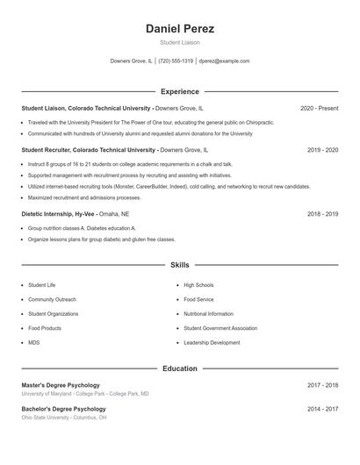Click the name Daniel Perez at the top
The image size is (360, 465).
(180, 28)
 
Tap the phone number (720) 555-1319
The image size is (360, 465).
(176, 61)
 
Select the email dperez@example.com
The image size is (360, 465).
(224, 61)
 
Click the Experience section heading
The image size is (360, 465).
(180, 91)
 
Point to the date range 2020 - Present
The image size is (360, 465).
(319, 108)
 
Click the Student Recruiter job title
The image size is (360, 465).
(53, 150)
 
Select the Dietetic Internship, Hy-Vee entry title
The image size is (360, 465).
(58, 213)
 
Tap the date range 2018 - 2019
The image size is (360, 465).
(322, 213)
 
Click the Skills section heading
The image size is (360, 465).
(180, 264)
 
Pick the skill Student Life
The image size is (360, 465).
(42, 285)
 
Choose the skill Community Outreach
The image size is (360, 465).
(52, 299)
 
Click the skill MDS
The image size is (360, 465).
(33, 342)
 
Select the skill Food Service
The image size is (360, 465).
(198, 299)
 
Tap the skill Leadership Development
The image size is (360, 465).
(212, 342)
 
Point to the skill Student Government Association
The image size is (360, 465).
(220, 328)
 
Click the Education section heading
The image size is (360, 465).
(180, 368)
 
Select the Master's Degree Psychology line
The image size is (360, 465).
(61, 385)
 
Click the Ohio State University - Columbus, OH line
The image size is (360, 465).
(64, 418)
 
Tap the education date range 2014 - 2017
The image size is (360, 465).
(322, 409)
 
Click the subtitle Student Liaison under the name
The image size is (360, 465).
(180, 42)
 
